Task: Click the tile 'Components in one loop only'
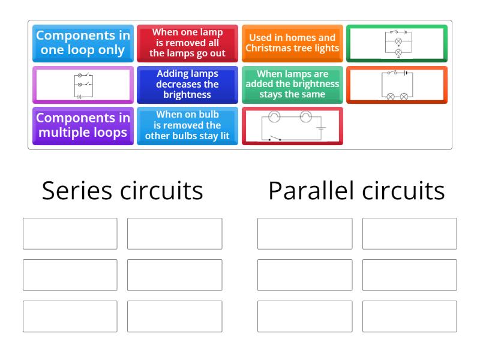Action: tap(83, 43)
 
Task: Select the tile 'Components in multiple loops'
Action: tap(83, 125)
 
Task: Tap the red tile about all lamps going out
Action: tap(187, 43)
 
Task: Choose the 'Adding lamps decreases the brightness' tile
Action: tap(187, 85)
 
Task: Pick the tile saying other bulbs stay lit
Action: tap(187, 125)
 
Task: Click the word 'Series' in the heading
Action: tap(77, 191)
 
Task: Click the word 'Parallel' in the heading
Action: tap(307, 191)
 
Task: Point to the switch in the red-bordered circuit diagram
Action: tap(274, 139)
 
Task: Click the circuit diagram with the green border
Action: tap(397, 43)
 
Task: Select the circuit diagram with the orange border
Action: tap(397, 85)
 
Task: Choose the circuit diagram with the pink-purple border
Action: tap(83, 85)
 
